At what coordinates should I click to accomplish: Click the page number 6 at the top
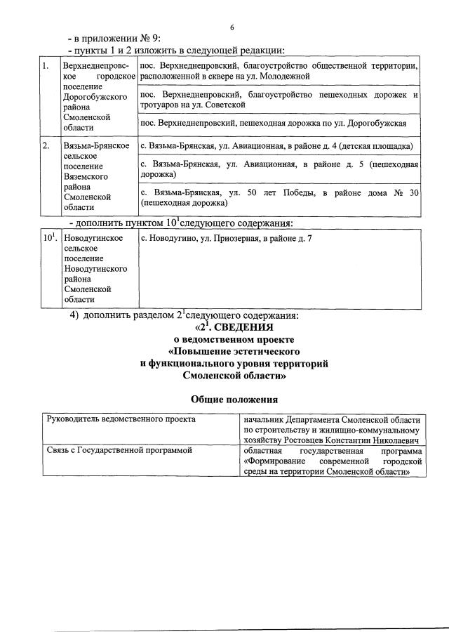click(x=232, y=27)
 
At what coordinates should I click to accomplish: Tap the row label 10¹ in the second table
click(x=49, y=239)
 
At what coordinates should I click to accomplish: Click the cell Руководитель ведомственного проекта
click(x=121, y=419)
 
